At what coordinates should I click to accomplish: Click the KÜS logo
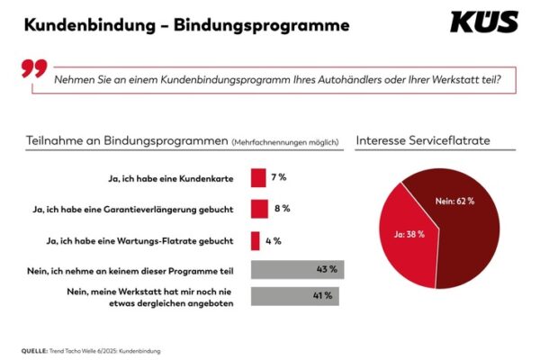483,22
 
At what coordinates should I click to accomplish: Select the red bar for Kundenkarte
258,178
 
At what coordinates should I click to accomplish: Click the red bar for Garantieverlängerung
259,209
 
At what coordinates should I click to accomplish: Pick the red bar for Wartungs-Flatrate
256,240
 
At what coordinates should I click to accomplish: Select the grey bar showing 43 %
297,269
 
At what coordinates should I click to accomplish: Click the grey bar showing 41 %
294,295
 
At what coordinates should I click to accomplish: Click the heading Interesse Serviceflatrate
423,141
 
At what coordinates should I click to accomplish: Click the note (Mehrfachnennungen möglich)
284,142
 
